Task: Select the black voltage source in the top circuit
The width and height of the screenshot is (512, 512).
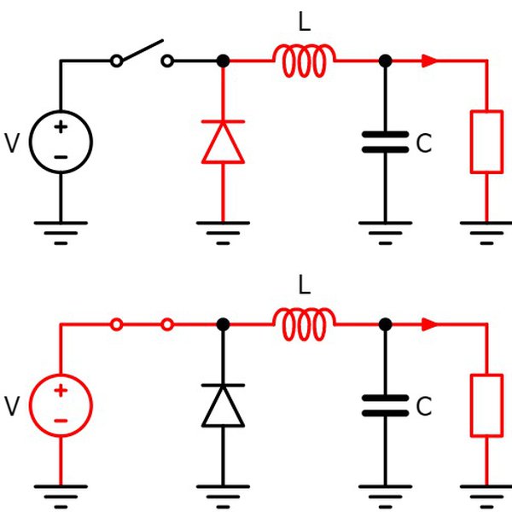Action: pyautogui.click(x=61, y=142)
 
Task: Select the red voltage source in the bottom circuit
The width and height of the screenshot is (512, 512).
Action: pyautogui.click(x=61, y=404)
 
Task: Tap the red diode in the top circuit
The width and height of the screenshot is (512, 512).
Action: pyautogui.click(x=223, y=142)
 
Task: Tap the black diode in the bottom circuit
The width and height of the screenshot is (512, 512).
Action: pyautogui.click(x=223, y=404)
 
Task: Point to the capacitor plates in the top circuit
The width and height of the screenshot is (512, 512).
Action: pyautogui.click(x=385, y=142)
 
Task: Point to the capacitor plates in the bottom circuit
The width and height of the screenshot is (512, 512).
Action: pyautogui.click(x=385, y=404)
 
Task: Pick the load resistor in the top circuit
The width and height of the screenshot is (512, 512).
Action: pyautogui.click(x=486, y=142)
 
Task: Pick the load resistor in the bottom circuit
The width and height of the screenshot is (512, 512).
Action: pyautogui.click(x=486, y=404)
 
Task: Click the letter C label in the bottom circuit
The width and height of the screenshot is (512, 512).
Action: pyautogui.click(x=424, y=408)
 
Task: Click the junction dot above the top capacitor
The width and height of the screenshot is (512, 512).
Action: pyautogui.click(x=385, y=61)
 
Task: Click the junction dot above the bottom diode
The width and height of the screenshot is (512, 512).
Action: pyautogui.click(x=223, y=323)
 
